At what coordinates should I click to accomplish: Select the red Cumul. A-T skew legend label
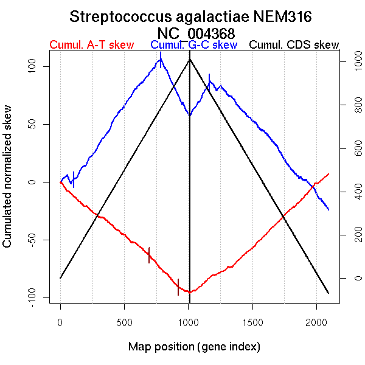pos(86,45)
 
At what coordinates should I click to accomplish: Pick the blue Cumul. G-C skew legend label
pos(193,45)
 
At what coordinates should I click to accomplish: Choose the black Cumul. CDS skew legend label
pos(294,45)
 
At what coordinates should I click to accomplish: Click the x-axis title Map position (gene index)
pos(194,347)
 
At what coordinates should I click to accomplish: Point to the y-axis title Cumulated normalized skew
pos(8,182)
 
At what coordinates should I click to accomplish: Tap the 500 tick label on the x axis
pos(125,322)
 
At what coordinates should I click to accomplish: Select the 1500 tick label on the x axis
pos(252,322)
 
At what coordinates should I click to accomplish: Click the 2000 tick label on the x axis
pos(316,322)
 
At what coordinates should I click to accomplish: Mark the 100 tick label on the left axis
pos(38,66)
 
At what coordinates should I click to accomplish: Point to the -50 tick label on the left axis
pos(38,240)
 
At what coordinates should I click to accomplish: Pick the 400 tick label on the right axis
pos(350,192)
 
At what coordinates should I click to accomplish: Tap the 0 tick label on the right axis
pos(350,278)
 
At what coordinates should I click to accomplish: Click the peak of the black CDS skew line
pos(190,59)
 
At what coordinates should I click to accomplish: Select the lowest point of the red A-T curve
pos(190,292)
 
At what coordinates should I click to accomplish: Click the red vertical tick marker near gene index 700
pos(149,255)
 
